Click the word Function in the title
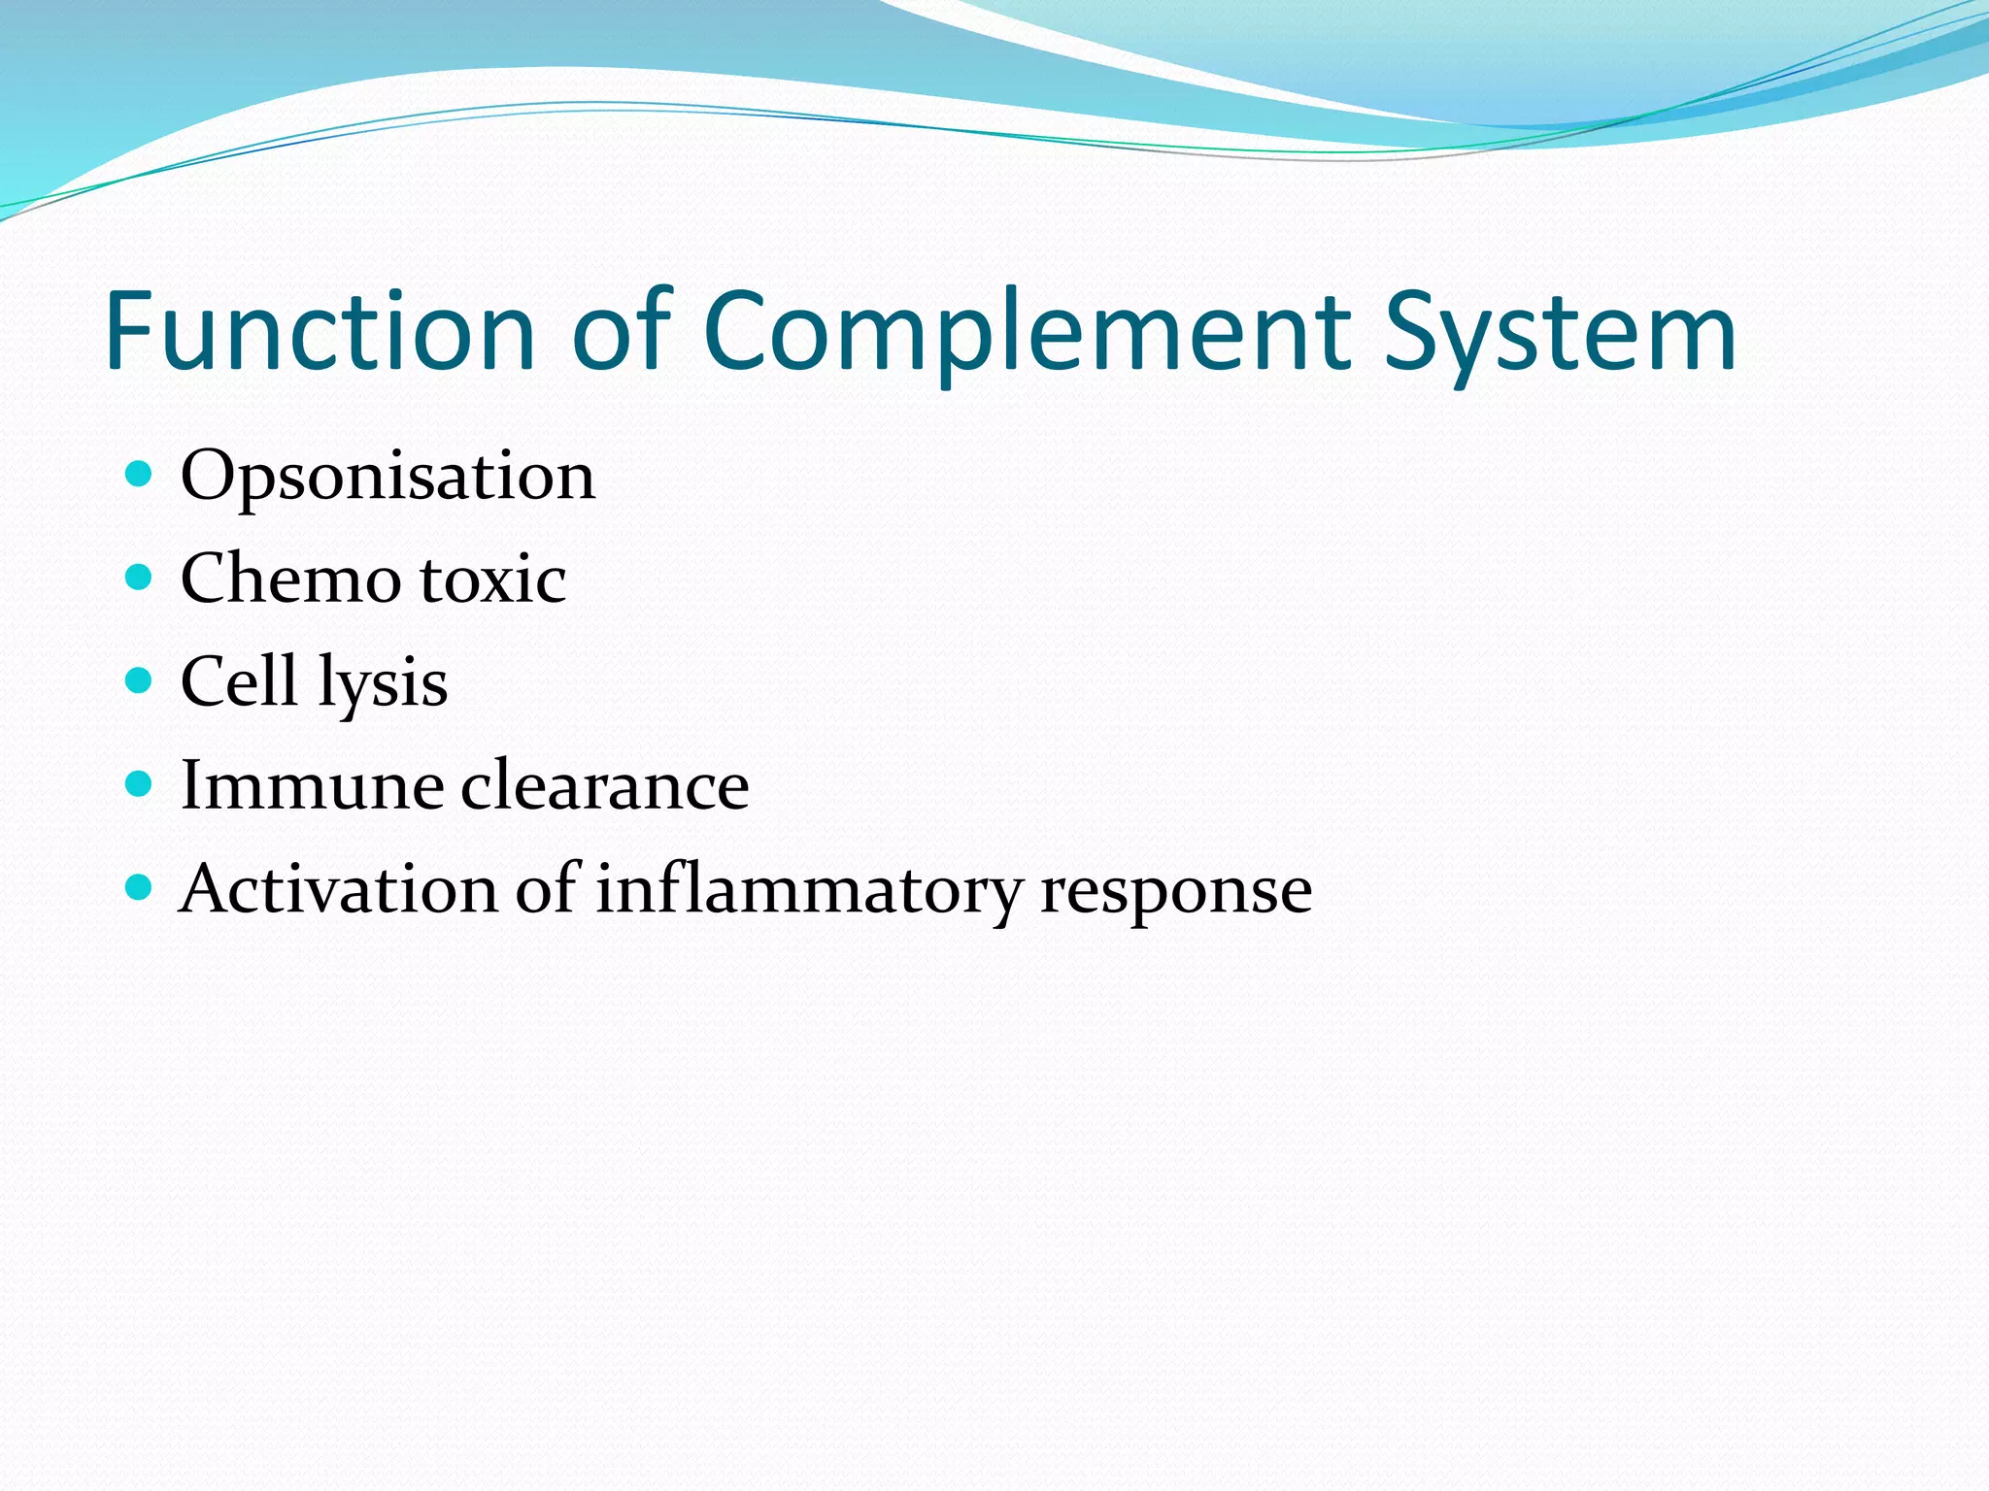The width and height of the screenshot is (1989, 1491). coord(320,331)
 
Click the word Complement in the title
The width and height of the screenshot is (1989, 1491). coord(1026,331)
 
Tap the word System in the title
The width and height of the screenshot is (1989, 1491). coord(1560,331)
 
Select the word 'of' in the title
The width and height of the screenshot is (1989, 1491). coord(622,331)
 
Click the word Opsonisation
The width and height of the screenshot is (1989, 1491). coord(388,478)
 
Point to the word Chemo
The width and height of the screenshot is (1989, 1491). coord(290,580)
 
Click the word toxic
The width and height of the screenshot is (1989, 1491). coord(493,580)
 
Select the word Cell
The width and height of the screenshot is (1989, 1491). coord(239,681)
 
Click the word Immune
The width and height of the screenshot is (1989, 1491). coord(310,785)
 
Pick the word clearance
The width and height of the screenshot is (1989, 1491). coord(604,785)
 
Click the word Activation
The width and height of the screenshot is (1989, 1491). coord(338,889)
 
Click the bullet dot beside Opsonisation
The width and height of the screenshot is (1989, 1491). coord(140,474)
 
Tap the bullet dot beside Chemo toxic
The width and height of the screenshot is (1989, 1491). coord(140,578)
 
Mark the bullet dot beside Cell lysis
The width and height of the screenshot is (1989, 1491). coord(140,680)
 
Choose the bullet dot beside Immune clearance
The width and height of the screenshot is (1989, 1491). coord(140,783)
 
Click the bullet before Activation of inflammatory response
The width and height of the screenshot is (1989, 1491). coord(140,887)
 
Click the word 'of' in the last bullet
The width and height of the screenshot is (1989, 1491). coord(547,889)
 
